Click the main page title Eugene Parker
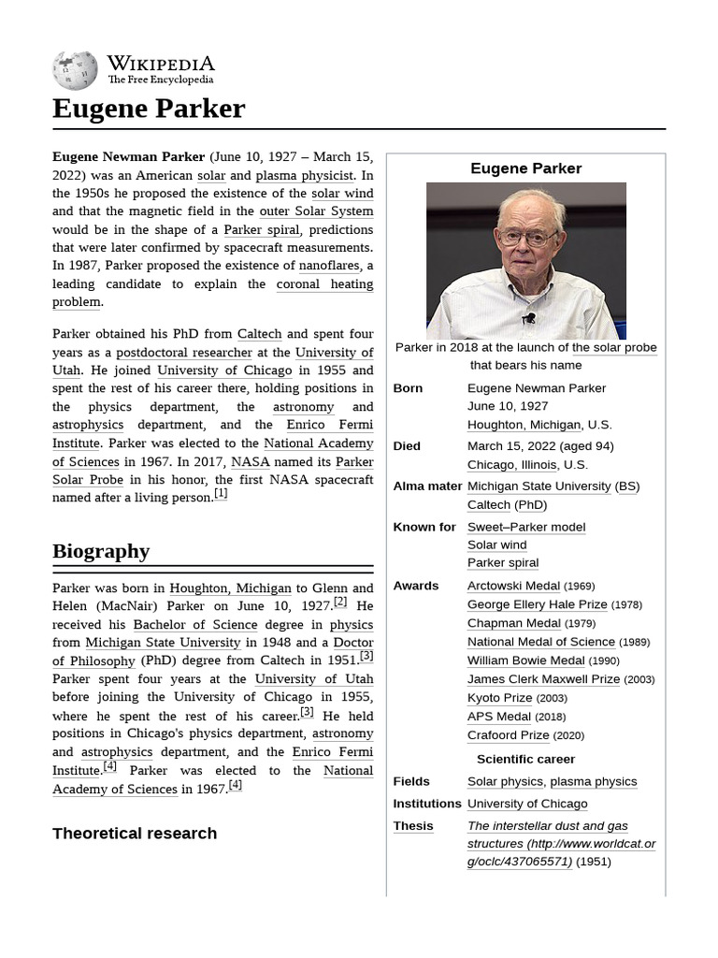[x=149, y=109]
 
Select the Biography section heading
[x=101, y=551]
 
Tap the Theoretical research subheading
[x=135, y=833]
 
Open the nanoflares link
[x=329, y=266]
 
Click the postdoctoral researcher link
[x=184, y=353]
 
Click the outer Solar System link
[x=316, y=211]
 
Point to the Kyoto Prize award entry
[x=499, y=698]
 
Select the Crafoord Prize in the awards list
[x=508, y=735]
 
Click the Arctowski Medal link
[x=513, y=586]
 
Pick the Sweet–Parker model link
[x=526, y=527]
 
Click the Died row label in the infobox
[x=407, y=446]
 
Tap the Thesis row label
[x=413, y=826]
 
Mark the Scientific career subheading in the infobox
[x=525, y=759]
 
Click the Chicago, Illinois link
[x=512, y=465]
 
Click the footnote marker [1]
[x=221, y=494]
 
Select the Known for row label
[x=424, y=527]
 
